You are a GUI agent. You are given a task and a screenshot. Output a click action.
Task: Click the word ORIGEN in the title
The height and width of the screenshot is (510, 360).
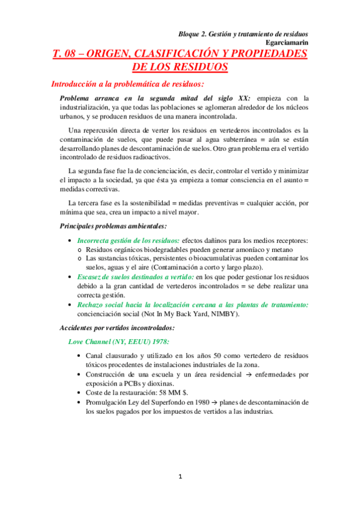pyautogui.click(x=112, y=55)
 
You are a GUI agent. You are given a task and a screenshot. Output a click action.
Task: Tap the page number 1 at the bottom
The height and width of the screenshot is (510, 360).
pyautogui.click(x=179, y=476)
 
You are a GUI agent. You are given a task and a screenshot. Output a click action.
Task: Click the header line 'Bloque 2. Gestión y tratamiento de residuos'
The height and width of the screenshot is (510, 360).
pyautogui.click(x=248, y=35)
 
